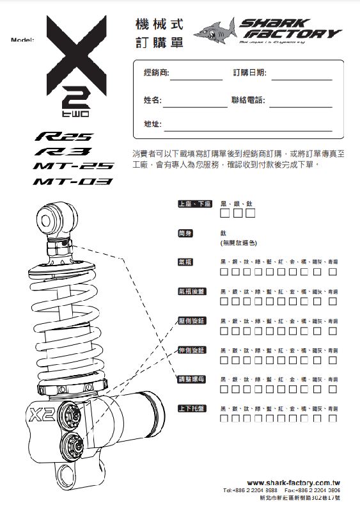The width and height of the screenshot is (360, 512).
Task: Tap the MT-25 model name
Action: coord(74,166)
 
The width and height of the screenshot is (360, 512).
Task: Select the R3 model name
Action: coord(65,152)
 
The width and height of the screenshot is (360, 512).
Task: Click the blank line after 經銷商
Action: coord(196,75)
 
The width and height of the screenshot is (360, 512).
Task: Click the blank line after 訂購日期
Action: coord(301,75)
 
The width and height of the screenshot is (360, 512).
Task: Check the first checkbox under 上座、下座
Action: coord(226,212)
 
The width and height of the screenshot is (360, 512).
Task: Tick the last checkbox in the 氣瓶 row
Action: coord(333,272)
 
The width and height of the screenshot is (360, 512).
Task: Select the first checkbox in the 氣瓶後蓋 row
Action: coord(225,302)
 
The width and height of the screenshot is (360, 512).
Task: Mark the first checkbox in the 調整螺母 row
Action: coord(225,390)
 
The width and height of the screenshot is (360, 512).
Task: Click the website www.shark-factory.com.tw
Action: coord(293,483)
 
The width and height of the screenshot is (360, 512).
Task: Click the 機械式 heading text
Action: coord(159,25)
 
